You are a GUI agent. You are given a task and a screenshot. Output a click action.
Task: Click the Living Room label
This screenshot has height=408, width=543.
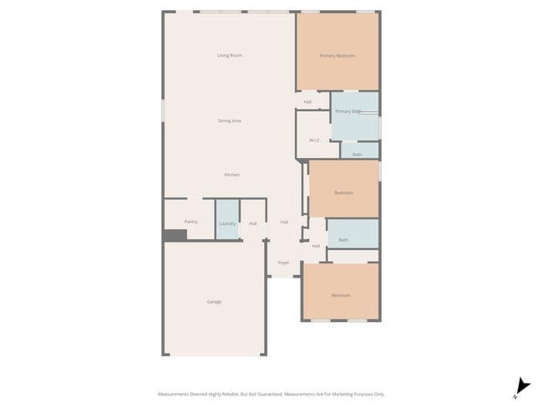229,56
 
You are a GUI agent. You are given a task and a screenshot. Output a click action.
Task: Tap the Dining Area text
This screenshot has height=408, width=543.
230,121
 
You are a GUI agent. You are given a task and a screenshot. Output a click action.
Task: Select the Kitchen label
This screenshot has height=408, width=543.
231,175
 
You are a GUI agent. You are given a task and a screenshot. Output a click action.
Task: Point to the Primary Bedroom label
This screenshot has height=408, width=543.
337,56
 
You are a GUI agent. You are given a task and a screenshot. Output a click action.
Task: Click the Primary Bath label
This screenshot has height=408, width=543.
348,111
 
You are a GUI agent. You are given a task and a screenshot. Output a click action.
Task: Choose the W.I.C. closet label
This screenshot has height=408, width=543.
316,140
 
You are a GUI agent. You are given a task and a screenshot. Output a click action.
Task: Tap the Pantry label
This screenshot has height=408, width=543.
190,222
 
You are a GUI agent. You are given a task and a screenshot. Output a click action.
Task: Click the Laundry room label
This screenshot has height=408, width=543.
227,223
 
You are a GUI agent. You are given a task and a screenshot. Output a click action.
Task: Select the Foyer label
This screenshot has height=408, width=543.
284,263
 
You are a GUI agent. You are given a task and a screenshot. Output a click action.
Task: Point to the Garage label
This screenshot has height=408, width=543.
214,302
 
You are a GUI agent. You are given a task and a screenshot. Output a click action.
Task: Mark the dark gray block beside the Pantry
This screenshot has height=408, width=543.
175,236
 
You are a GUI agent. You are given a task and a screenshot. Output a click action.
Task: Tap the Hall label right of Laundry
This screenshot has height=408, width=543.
252,223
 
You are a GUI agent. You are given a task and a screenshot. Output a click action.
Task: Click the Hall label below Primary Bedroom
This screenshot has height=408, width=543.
307,102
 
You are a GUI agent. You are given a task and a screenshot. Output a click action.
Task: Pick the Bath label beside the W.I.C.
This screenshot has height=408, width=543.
358,155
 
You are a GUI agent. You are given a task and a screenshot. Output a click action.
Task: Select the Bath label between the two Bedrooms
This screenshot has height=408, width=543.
343,240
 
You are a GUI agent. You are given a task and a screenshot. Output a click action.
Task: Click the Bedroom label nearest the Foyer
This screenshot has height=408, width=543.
340,295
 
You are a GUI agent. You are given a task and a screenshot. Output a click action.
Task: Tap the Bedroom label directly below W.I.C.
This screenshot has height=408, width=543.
343,192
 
